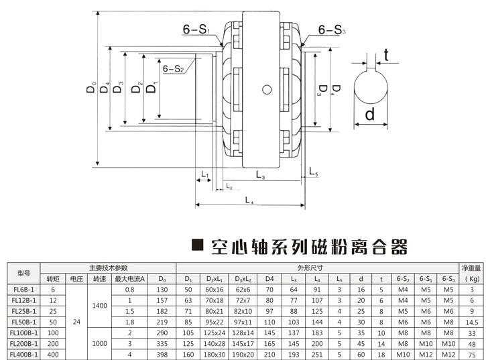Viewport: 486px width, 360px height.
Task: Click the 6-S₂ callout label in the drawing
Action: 174,68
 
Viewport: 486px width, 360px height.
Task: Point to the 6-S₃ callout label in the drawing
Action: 332,30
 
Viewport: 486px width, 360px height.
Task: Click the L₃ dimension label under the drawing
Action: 260,176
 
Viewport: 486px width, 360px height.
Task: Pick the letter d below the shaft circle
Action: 369,115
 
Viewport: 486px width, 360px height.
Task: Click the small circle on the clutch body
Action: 267,88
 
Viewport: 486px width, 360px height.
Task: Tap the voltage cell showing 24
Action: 75,322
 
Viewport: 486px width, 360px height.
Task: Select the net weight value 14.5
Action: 472,322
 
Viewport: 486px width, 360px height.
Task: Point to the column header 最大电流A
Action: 130,278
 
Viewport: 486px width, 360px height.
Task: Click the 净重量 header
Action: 472,267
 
